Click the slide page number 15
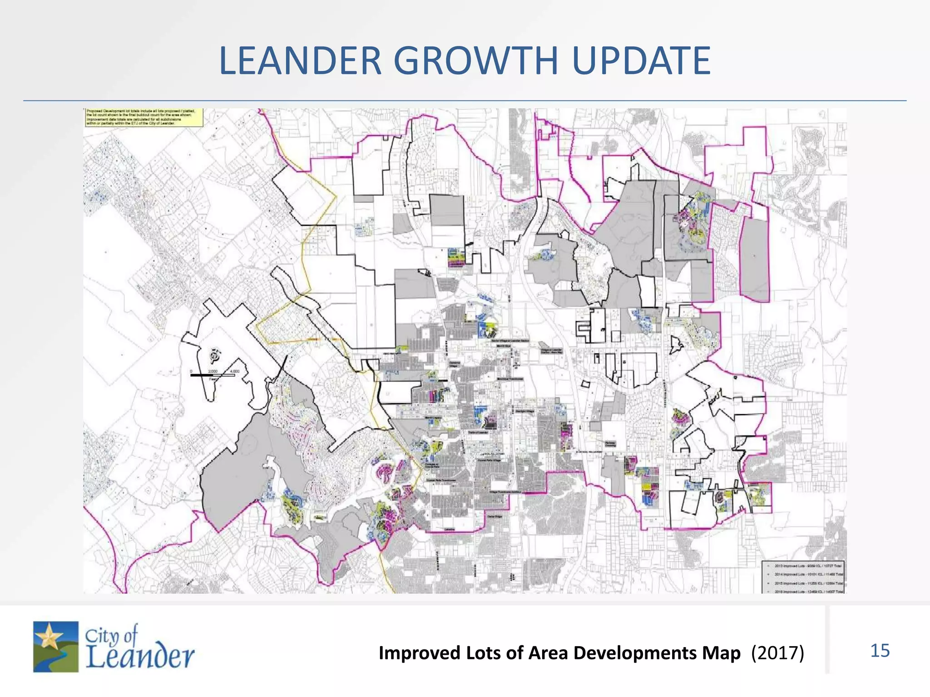(880, 651)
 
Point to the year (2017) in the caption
(777, 653)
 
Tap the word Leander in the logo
(140, 657)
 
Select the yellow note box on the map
(143, 117)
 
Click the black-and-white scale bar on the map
(213, 375)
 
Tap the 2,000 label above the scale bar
(213, 371)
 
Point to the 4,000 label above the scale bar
(234, 371)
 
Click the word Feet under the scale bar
(213, 379)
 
